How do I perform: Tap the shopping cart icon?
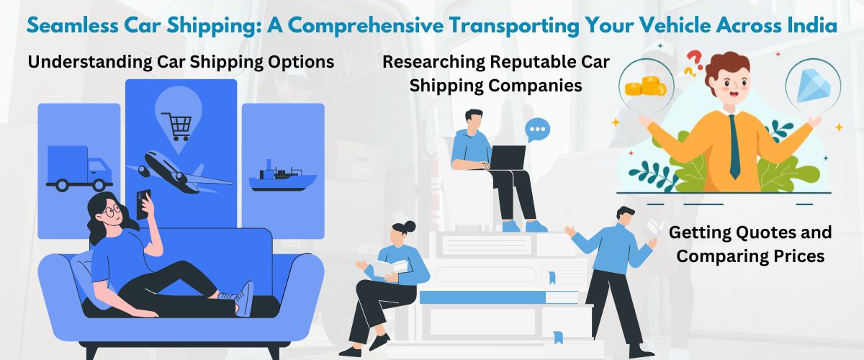(176, 126)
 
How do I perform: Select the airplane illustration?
(180, 171)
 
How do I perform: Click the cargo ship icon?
(283, 176)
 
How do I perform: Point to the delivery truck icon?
(79, 168)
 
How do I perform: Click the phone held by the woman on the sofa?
(143, 204)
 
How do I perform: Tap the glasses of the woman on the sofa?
(112, 211)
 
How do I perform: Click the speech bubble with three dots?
(537, 130)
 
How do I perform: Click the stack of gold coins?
(645, 87)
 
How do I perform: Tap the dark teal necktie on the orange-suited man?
(734, 147)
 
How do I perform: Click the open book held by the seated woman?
(390, 268)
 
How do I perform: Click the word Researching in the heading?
(433, 63)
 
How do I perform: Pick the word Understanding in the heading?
(89, 63)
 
